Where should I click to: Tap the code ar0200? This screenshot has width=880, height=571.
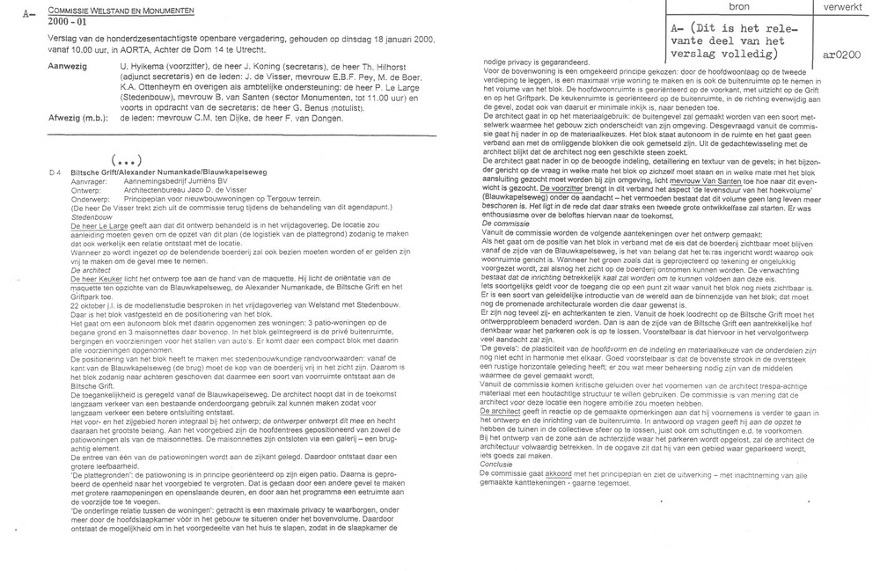[841, 54]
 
